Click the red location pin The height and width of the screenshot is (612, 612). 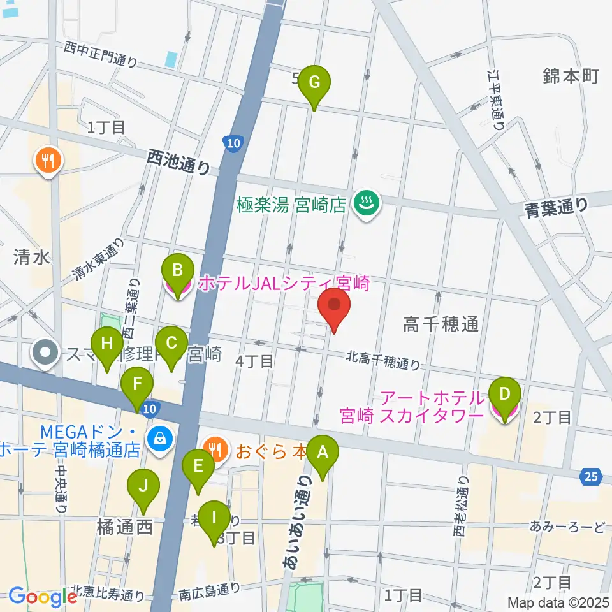334,306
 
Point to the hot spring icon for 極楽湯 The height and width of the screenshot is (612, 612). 367,205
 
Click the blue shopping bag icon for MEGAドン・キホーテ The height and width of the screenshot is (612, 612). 157,438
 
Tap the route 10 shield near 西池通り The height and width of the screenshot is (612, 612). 233,143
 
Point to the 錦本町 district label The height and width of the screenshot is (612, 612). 571,76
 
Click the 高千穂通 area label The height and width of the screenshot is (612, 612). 441,324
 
